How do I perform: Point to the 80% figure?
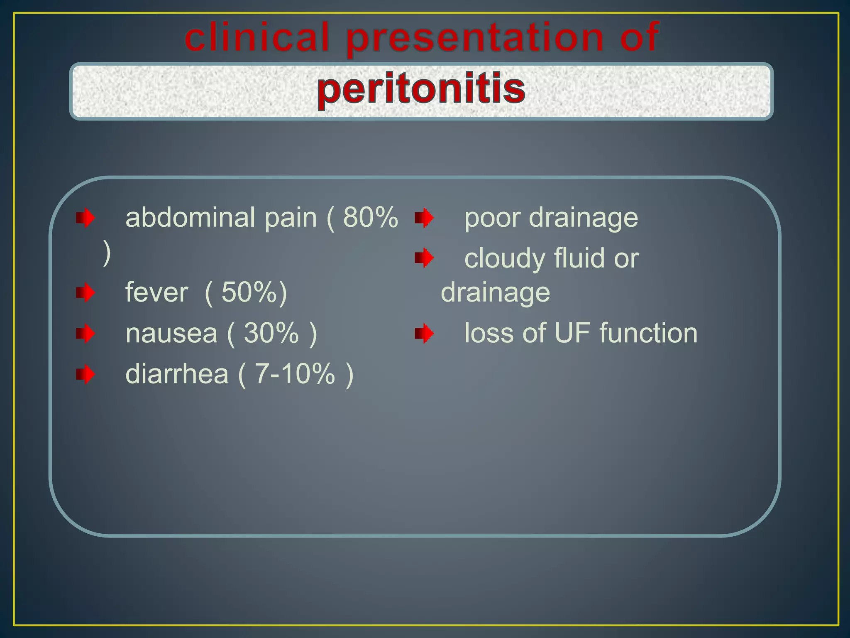click(x=370, y=217)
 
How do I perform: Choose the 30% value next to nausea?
click(x=271, y=333)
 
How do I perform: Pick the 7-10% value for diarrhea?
click(x=295, y=374)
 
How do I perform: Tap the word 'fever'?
click(x=156, y=292)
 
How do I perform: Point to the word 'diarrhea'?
click(x=177, y=374)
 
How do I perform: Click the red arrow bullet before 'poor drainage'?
click(x=424, y=218)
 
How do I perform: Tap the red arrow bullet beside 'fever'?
click(x=85, y=293)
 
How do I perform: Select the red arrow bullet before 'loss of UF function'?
click(x=424, y=334)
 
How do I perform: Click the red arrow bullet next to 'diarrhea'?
click(x=85, y=374)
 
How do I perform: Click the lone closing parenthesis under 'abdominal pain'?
click(x=107, y=254)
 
